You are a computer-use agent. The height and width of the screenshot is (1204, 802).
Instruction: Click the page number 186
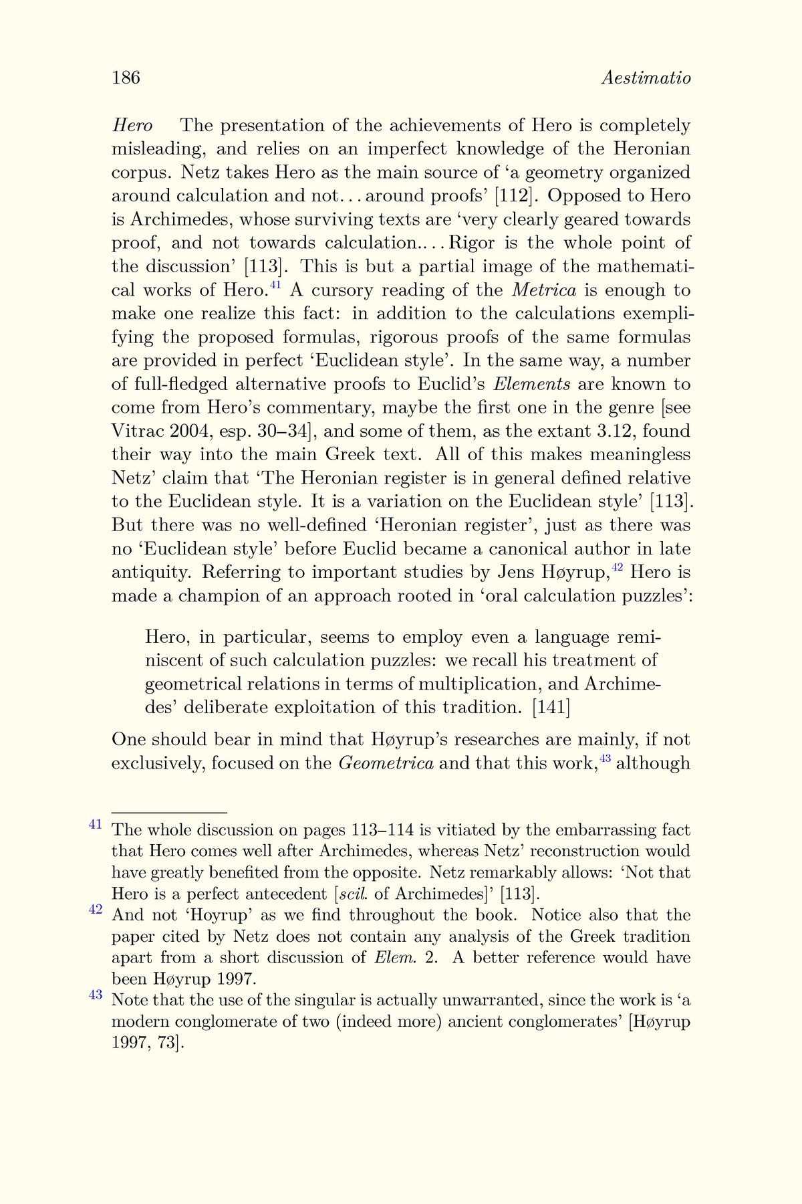[x=126, y=78]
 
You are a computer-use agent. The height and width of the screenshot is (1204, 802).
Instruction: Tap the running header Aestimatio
[x=646, y=78]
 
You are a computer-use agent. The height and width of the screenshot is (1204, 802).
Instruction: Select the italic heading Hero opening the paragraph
[x=132, y=126]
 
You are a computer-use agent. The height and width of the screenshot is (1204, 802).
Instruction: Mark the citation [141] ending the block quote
[x=551, y=708]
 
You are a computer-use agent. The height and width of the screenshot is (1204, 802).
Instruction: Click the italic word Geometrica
[x=386, y=763]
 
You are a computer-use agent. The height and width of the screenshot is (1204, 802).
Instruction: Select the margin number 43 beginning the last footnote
[x=95, y=995]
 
